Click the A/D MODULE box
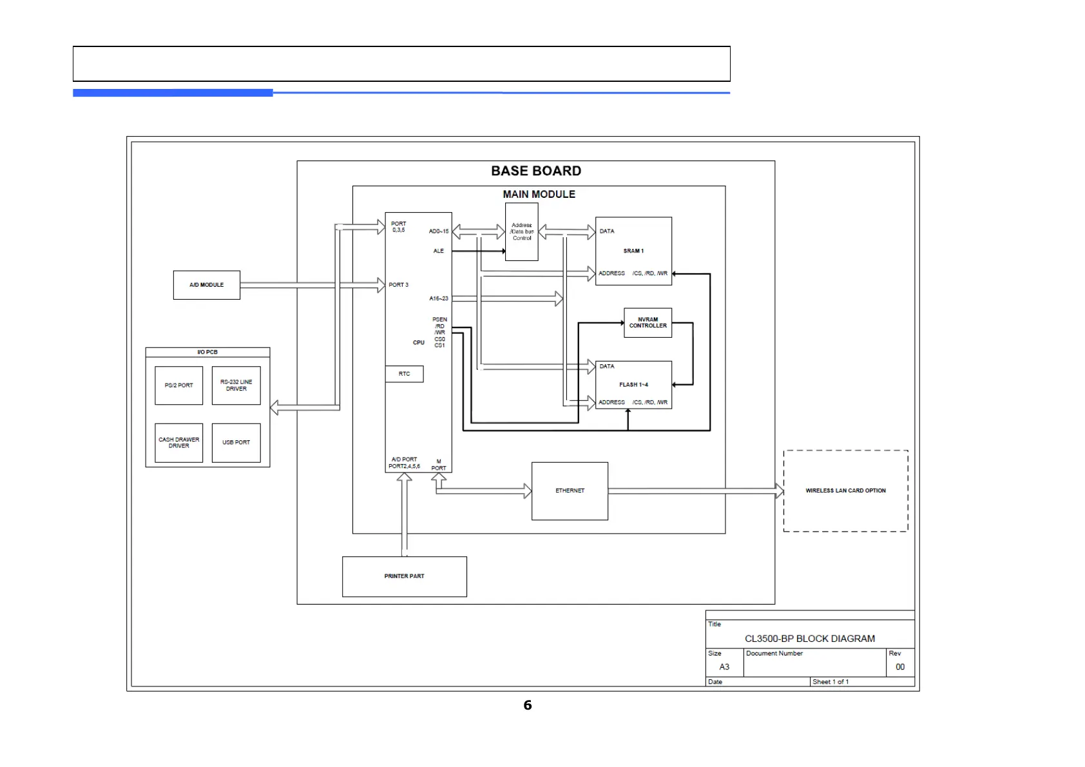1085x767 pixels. click(206, 285)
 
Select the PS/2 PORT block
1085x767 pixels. click(178, 385)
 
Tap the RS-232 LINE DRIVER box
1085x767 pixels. click(236, 385)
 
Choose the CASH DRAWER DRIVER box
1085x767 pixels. click(178, 443)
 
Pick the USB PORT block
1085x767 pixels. click(236, 443)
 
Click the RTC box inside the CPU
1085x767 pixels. click(404, 374)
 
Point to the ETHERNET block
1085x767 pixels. click(570, 491)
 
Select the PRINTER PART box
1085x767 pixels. click(404, 576)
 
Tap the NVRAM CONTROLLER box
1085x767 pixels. click(648, 323)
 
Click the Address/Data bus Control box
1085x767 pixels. click(521, 232)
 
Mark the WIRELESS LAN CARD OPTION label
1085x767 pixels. click(845, 490)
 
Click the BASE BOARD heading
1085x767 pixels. click(536, 171)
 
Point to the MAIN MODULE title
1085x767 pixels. click(539, 194)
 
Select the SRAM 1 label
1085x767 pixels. click(633, 251)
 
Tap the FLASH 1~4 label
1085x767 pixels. click(633, 385)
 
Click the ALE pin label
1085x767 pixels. click(438, 251)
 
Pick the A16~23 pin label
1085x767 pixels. click(438, 298)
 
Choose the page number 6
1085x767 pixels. click(528, 705)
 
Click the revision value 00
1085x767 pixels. click(899, 667)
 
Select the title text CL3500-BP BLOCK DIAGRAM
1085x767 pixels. click(809, 639)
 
